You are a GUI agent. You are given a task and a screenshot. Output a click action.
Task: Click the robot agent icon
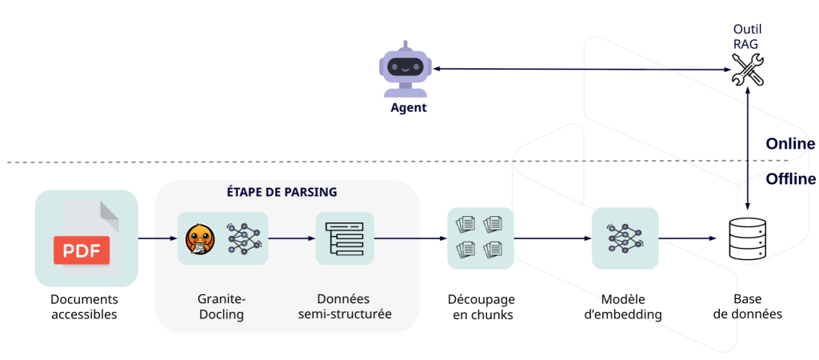click(405, 70)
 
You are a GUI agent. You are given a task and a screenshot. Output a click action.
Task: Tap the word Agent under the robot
click(408, 108)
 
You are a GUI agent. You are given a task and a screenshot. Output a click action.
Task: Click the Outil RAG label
click(748, 37)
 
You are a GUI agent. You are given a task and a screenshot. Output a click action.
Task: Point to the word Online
click(789, 144)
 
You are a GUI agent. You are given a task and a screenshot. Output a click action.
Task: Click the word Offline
click(790, 179)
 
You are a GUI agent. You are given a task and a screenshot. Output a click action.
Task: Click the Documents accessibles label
click(84, 306)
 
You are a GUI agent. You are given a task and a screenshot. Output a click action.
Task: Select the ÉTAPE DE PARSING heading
click(288, 193)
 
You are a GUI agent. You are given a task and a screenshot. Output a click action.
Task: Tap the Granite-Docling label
click(221, 306)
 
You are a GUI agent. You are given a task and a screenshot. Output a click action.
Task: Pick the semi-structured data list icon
click(345, 238)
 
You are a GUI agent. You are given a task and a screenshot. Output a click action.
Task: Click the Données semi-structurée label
click(345, 306)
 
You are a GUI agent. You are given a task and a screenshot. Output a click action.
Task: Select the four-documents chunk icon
click(480, 238)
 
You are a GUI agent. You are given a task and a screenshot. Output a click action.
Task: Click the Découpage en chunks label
click(481, 306)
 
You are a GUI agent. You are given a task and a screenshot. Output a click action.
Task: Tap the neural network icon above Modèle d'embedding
click(624, 238)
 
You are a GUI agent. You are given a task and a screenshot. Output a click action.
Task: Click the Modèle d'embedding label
click(623, 306)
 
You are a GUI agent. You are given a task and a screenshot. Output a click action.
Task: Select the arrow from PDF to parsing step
click(158, 238)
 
